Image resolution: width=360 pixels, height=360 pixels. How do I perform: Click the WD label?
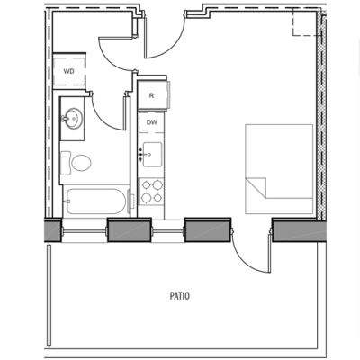(x=69, y=70)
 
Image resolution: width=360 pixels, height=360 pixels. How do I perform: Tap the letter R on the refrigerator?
(x=152, y=94)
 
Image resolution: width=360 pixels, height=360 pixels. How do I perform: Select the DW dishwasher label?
(x=152, y=123)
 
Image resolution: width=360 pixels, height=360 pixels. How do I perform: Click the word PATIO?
(x=178, y=294)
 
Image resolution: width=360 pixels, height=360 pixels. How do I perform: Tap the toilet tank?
(x=66, y=163)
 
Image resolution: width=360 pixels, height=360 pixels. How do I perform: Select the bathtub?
(x=94, y=201)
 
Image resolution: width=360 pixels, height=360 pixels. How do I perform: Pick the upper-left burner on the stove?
(x=147, y=186)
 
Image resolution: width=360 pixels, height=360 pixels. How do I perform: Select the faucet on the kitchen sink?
(x=142, y=155)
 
